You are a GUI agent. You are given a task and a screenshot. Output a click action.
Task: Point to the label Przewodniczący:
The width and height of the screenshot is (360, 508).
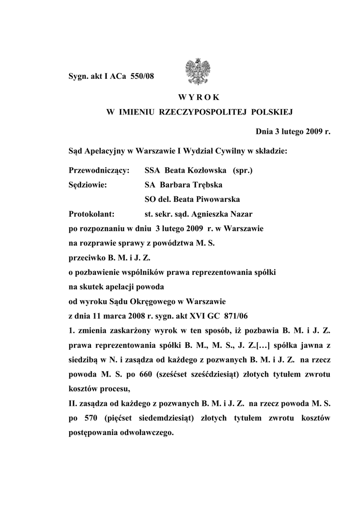click(99, 171)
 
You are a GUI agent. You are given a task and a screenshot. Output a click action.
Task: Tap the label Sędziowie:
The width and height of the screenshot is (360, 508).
click(89, 185)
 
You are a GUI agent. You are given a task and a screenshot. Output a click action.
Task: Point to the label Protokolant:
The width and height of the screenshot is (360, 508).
click(92, 214)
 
